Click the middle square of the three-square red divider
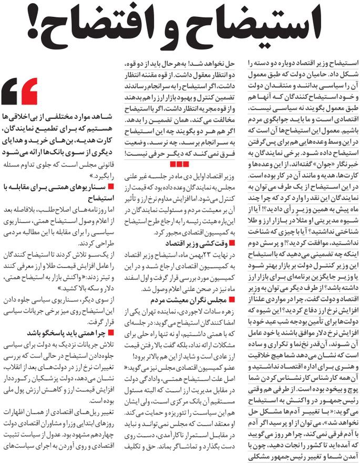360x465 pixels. coord(179,166)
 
